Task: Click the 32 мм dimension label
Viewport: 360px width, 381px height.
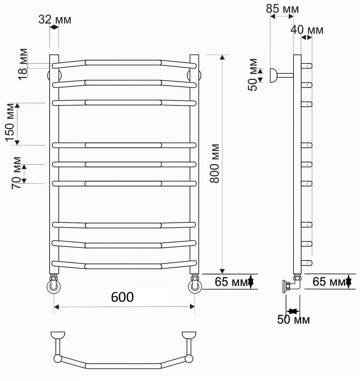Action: click(x=55, y=20)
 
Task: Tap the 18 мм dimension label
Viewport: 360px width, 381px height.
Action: click(x=23, y=64)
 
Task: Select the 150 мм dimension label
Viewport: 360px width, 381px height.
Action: click(x=10, y=123)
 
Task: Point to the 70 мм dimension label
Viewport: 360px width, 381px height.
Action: click(x=16, y=173)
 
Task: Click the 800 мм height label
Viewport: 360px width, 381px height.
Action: click(x=214, y=163)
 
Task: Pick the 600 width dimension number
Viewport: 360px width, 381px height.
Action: click(x=122, y=297)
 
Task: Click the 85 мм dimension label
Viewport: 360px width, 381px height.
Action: click(x=282, y=9)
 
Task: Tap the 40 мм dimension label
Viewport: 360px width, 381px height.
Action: click(x=307, y=30)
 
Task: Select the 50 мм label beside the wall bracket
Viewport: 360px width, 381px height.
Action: click(x=253, y=75)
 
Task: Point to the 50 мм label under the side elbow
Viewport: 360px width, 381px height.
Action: click(x=293, y=320)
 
